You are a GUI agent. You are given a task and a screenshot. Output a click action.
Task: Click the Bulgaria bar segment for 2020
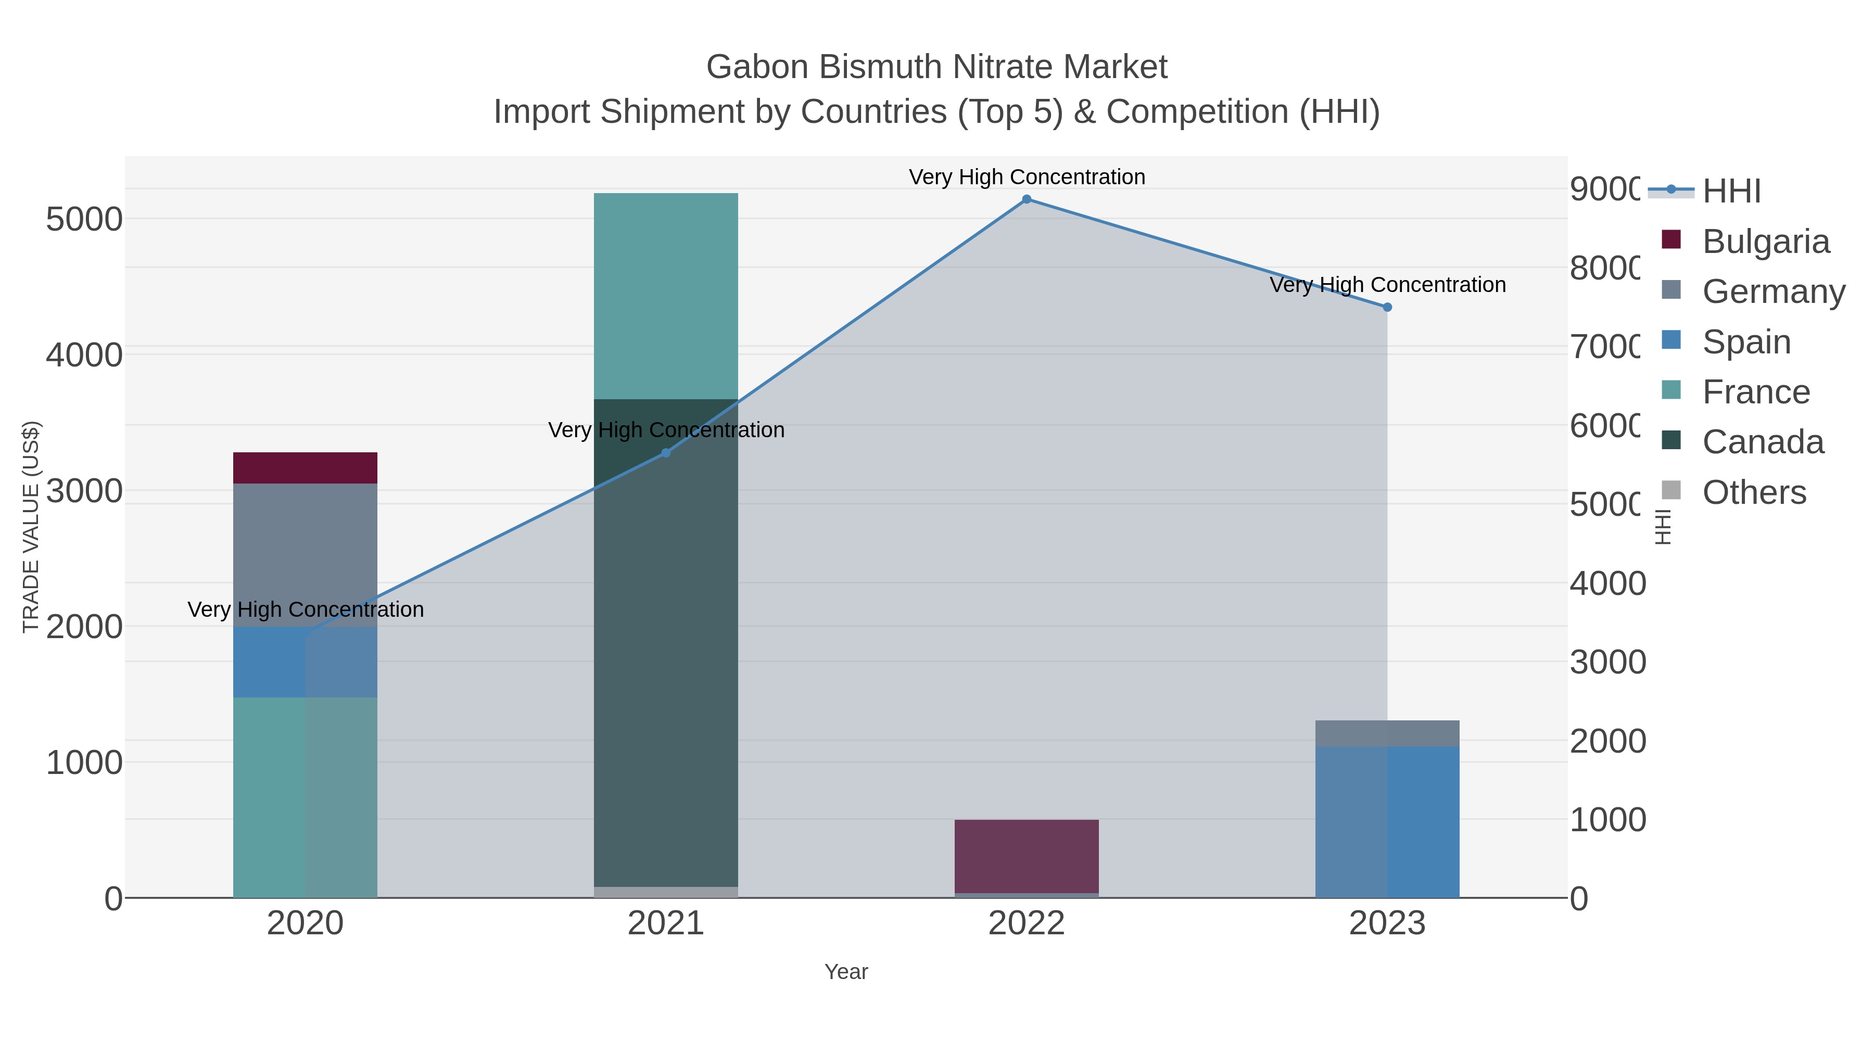click(305, 468)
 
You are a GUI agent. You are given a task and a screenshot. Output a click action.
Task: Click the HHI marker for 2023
click(1387, 308)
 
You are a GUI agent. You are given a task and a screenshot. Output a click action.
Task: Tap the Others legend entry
click(1753, 492)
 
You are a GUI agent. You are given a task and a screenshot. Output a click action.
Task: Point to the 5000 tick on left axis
click(84, 219)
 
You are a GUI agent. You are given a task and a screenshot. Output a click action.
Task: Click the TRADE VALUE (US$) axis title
click(31, 527)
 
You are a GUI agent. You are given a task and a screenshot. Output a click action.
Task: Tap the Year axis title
click(846, 972)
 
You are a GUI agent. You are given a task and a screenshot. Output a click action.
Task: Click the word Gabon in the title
click(756, 67)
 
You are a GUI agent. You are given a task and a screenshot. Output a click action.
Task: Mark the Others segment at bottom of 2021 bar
click(666, 892)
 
